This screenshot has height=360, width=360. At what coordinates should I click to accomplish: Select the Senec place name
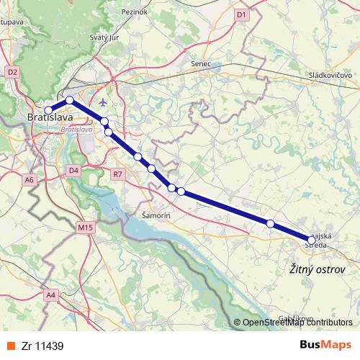[201, 64]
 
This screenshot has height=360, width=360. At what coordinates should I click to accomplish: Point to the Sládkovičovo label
[330, 75]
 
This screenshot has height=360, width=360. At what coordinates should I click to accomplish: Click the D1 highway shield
[241, 14]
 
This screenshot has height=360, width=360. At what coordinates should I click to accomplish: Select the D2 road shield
[12, 72]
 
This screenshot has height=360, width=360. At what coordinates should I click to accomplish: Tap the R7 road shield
[118, 174]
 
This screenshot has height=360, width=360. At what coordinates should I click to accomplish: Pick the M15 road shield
[86, 228]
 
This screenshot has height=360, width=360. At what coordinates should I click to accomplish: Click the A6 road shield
[29, 179]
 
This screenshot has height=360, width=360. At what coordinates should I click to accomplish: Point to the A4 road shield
[50, 294]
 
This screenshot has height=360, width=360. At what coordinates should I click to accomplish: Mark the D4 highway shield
[73, 170]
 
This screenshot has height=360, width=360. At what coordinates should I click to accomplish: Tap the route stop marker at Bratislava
[48, 110]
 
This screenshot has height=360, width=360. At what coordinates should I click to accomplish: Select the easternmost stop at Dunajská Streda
[312, 239]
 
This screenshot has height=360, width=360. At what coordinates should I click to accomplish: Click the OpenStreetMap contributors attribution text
[297, 323]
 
